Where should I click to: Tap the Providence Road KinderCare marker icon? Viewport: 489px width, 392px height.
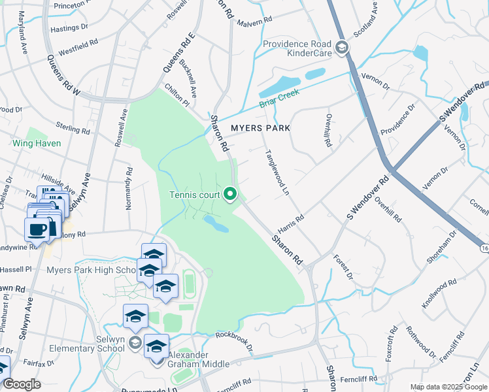tap(342, 48)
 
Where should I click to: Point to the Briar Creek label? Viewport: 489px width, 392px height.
tap(278, 98)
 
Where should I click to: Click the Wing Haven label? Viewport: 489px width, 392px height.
tap(37, 143)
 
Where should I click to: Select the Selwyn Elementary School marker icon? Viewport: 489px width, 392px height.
tap(135, 342)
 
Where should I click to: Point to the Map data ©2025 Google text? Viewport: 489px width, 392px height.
tap(448, 387)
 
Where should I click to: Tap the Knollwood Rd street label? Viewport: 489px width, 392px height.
tap(439, 294)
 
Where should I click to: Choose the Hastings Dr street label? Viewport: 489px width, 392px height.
tap(69, 28)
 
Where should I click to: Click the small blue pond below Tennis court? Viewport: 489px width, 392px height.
tap(216, 225)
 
